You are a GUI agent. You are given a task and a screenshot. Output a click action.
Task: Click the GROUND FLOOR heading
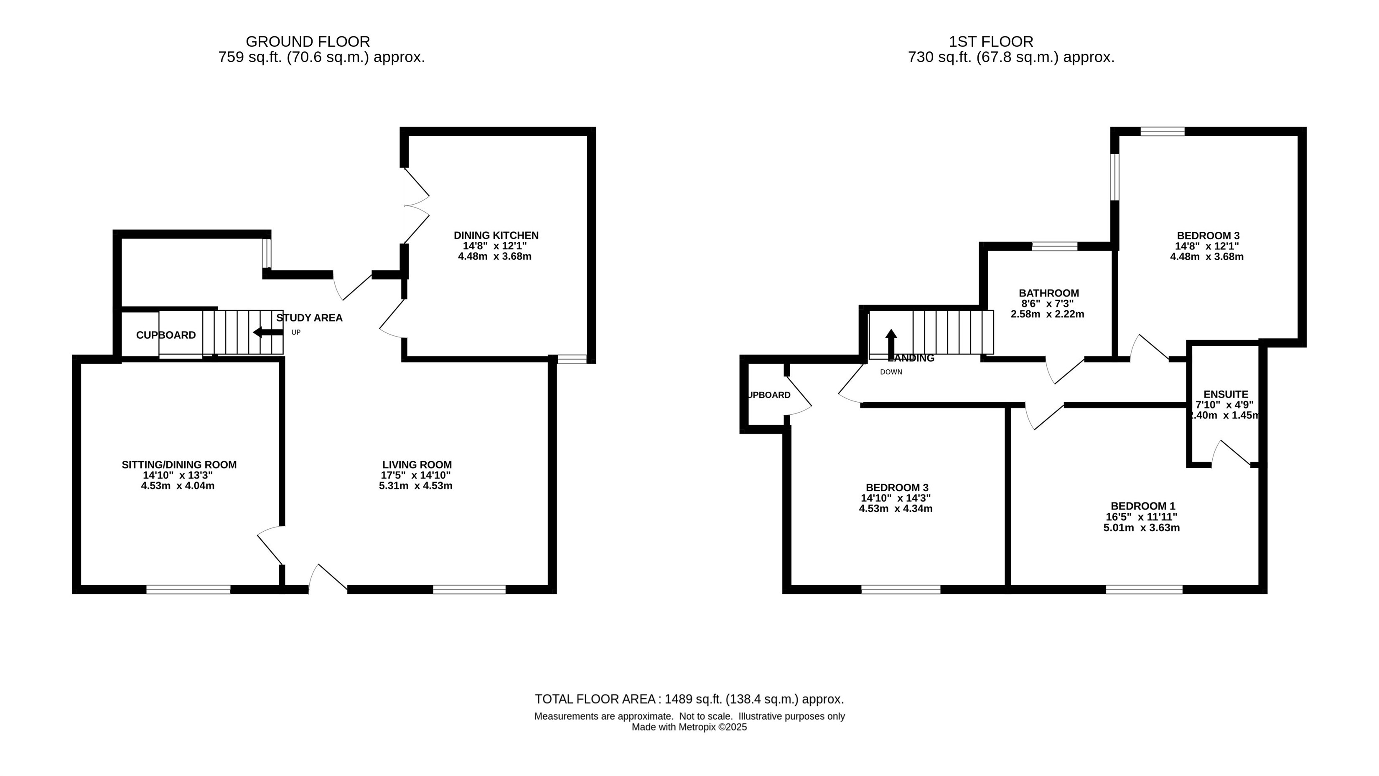(x=308, y=42)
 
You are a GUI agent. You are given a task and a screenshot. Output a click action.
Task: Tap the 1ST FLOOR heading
(x=991, y=42)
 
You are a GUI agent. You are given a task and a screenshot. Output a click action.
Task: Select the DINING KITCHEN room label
(x=496, y=236)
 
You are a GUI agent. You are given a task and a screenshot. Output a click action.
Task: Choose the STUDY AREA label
(x=309, y=318)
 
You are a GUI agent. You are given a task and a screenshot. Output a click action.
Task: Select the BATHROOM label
(x=1049, y=293)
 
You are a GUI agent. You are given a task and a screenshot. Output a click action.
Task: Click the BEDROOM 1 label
(x=1143, y=506)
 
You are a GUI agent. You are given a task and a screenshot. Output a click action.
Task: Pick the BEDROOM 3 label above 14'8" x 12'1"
(x=1208, y=236)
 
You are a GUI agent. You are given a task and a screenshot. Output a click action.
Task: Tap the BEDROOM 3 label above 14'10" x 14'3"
(x=897, y=487)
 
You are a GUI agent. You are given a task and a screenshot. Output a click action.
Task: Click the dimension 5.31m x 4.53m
(x=416, y=486)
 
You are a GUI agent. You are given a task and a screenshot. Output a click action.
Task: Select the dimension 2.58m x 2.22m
(x=1048, y=314)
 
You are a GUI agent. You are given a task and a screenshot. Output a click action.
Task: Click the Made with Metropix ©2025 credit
(x=689, y=727)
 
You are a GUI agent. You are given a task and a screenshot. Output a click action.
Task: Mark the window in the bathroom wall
(x=1055, y=246)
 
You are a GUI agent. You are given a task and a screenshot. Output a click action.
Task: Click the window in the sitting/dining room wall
(x=188, y=589)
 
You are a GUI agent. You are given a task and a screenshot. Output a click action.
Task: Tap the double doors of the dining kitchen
(x=417, y=206)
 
